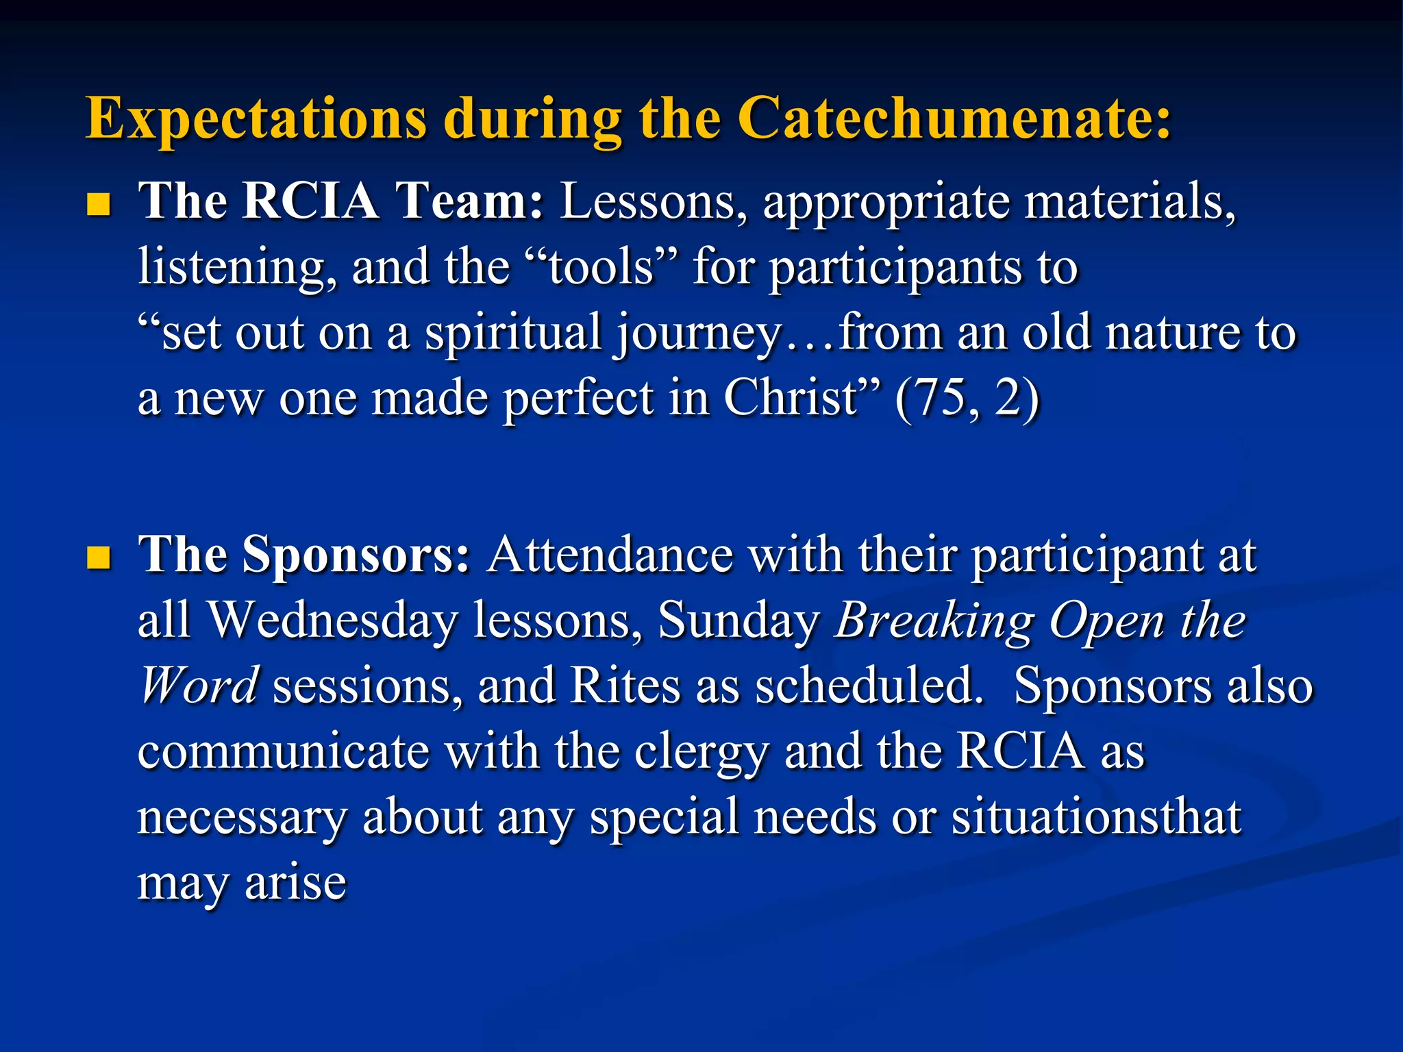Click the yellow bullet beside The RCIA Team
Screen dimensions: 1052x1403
pos(99,204)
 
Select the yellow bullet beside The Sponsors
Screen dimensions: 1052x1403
pos(99,558)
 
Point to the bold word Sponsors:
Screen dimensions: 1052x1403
pos(356,555)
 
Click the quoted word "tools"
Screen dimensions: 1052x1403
pos(600,267)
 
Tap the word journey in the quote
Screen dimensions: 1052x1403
pos(697,334)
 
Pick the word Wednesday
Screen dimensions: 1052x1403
pos(332,621)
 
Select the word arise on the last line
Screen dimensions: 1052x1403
pos(295,884)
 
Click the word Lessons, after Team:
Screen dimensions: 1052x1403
pos(654,203)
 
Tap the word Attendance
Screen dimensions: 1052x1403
pos(610,555)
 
